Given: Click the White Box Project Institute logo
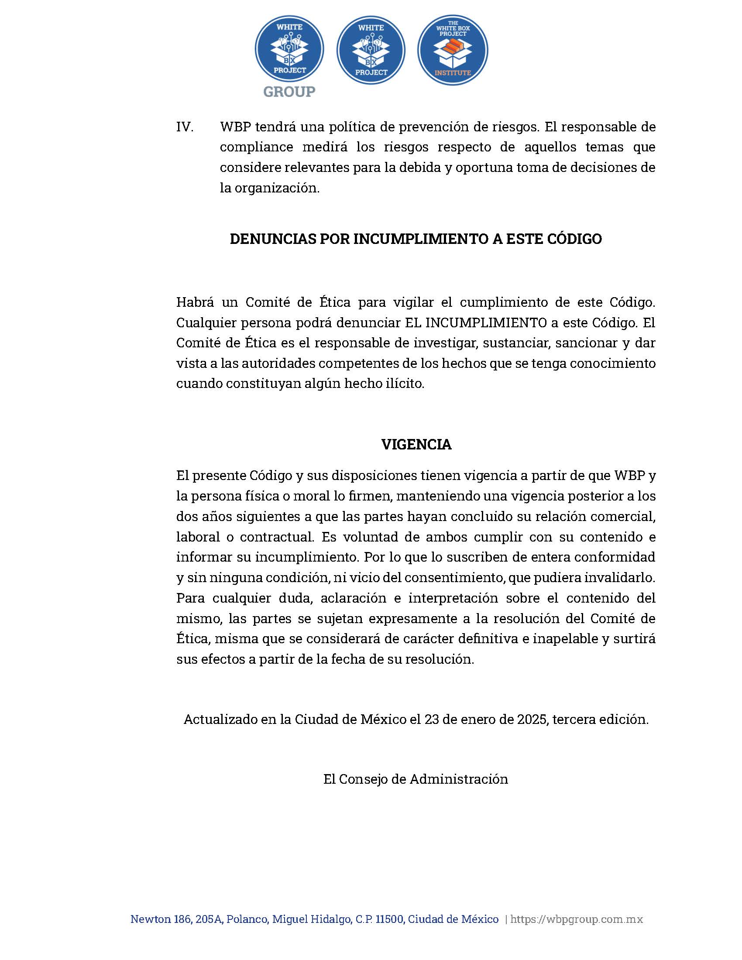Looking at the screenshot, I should pos(452,51).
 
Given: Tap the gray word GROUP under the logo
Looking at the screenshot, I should pos(289,92).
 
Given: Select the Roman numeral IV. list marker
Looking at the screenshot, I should pos(185,127).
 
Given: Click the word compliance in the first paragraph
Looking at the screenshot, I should pos(256,147).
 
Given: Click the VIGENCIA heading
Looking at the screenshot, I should pos(416,444).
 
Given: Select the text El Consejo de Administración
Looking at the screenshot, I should pos(416,779).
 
